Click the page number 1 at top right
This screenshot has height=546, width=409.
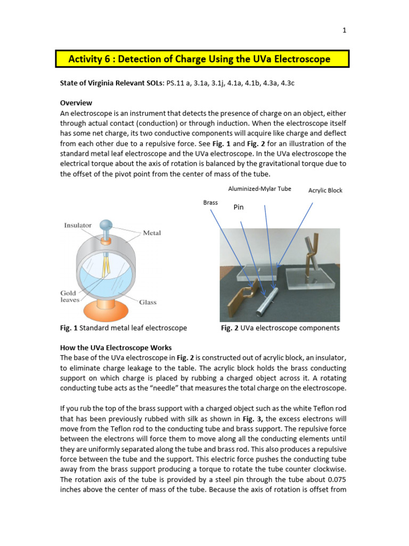[x=345, y=30]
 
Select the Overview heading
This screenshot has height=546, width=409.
[x=76, y=102]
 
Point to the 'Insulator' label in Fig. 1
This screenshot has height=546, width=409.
[x=78, y=225]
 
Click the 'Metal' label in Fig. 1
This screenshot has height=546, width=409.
[x=152, y=233]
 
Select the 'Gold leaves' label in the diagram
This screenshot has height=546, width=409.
[x=70, y=296]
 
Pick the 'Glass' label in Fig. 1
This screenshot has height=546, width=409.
[x=148, y=302]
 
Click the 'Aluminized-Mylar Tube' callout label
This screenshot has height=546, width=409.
[x=259, y=189]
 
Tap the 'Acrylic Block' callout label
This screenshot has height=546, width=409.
[x=325, y=190]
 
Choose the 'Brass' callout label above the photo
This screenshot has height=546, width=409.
[x=211, y=203]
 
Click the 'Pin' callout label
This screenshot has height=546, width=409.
[x=239, y=207]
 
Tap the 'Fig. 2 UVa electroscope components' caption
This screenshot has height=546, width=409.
[x=280, y=328]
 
